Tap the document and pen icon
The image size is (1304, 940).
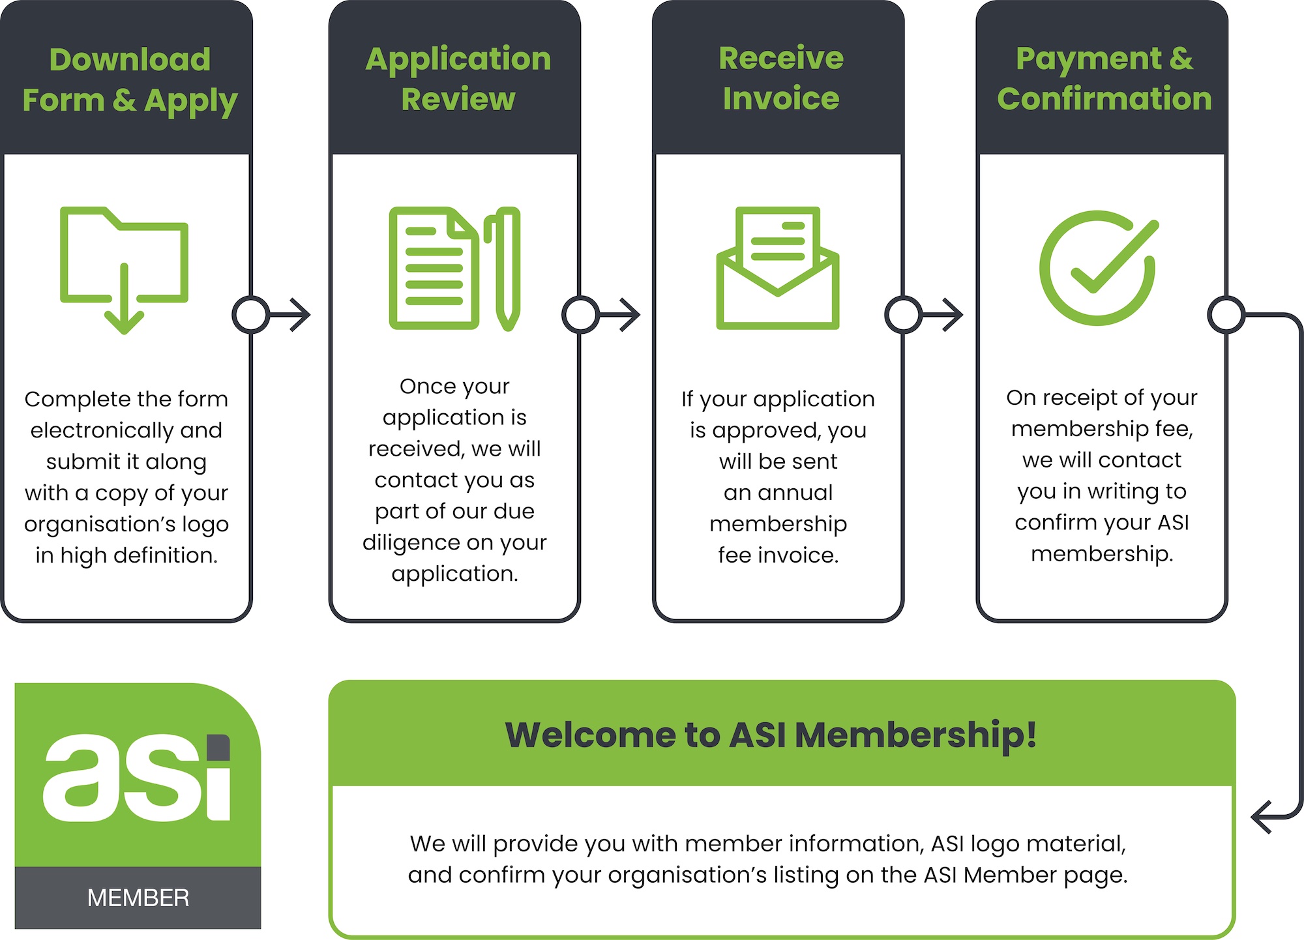coord(454,269)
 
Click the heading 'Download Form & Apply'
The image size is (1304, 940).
coord(130,80)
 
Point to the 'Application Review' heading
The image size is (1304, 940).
coord(458,79)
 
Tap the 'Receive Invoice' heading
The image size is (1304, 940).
coord(781,78)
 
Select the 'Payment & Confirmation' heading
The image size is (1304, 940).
coord(1104,79)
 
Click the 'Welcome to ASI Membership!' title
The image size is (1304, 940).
coord(771,735)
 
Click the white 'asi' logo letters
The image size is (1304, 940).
coord(137,778)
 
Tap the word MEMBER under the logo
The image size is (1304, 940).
coord(138,898)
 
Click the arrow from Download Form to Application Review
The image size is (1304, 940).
coord(289,315)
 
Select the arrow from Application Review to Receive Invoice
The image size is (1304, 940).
coord(619,315)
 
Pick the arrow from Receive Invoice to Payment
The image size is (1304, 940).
coord(942,315)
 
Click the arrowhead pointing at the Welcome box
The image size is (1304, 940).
coord(1262,817)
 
